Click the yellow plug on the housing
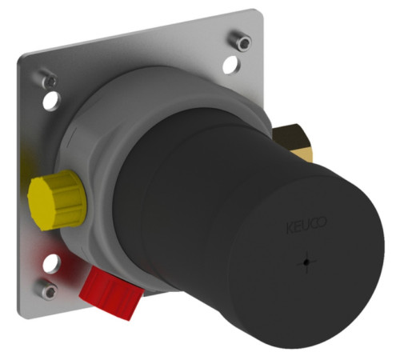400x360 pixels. [x=58, y=200]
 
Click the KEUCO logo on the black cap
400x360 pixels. [x=306, y=226]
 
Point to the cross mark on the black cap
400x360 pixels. [x=307, y=262]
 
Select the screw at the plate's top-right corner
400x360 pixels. [x=241, y=41]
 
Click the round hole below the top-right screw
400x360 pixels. [x=231, y=65]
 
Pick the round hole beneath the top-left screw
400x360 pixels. [x=52, y=101]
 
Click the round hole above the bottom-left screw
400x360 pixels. [x=51, y=263]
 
